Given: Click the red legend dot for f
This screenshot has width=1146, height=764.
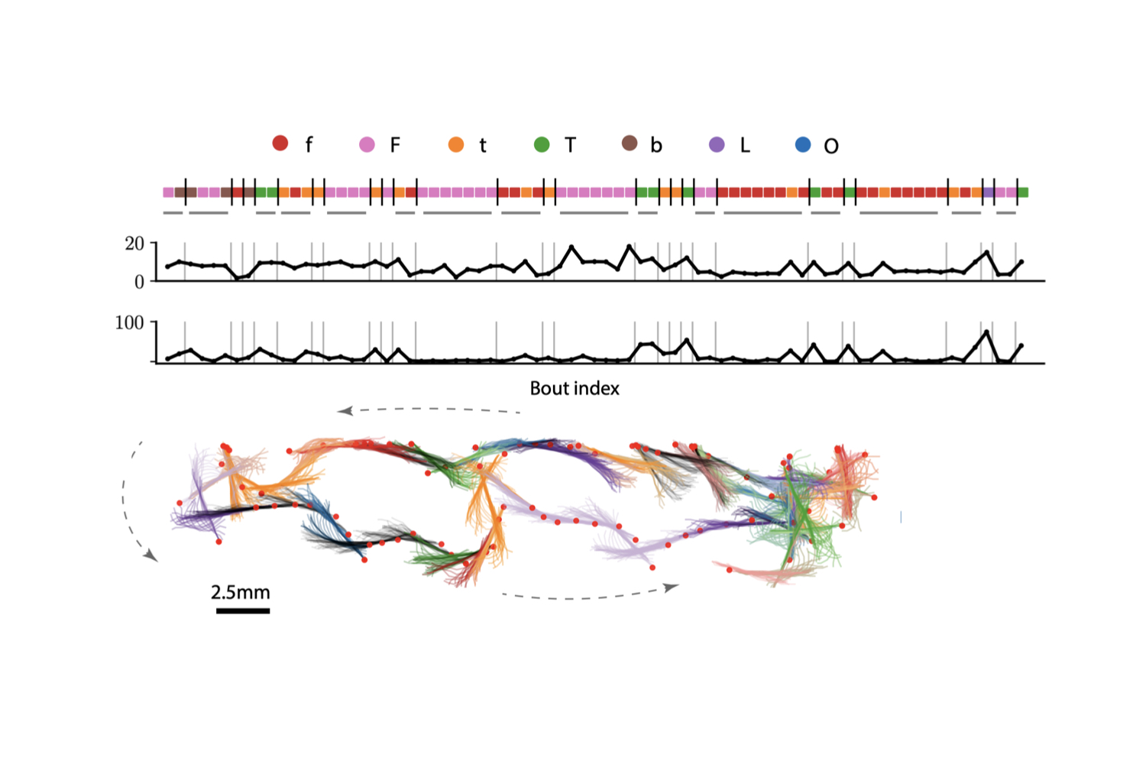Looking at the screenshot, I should coord(280,143).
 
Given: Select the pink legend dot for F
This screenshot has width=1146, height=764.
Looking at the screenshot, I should coord(367,144).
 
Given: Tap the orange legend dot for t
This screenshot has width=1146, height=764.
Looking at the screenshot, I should coord(456,144).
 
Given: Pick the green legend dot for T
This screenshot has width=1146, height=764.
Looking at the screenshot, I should coord(542,144).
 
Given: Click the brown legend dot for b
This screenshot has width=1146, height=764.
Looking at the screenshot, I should coord(630,143).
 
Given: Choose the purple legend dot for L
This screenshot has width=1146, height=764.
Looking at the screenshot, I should coord(717,144).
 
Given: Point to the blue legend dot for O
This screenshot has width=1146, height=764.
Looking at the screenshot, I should coord(803,144).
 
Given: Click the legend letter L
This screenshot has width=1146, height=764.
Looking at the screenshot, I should coord(745,145).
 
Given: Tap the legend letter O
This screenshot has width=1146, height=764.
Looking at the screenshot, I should coord(831,146).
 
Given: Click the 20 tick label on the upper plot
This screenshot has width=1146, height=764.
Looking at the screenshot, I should coord(134,244).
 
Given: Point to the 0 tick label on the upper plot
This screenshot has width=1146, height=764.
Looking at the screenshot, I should coord(139,282).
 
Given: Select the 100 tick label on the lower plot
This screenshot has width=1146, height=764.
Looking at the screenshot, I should coord(129,323).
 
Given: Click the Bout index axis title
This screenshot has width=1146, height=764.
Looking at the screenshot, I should coord(575,388).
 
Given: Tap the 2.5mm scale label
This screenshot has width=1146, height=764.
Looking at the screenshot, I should coord(241,592).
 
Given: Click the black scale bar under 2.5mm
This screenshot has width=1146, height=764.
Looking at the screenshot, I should coord(243,610).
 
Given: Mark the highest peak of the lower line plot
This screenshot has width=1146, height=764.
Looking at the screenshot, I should coord(987,332).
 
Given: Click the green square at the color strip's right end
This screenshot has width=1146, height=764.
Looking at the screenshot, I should coord(1023,193).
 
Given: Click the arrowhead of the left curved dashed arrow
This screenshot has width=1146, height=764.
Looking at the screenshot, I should coord(151,556).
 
